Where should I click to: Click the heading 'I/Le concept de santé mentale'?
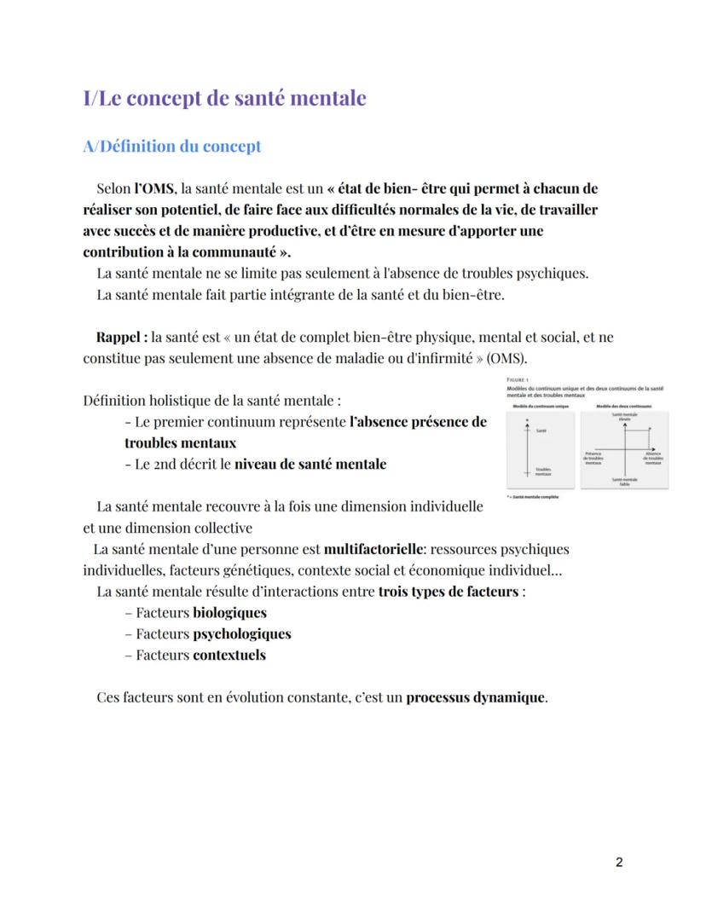[224, 98]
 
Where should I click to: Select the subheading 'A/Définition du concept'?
[171, 147]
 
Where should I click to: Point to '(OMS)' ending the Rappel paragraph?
[510, 357]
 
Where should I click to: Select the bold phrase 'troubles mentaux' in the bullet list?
[180, 443]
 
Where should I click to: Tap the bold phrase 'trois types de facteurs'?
[448, 592]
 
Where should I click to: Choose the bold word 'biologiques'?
[229, 613]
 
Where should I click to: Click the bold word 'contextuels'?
[229, 656]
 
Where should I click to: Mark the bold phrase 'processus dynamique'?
[475, 697]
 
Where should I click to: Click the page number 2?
[618, 862]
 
